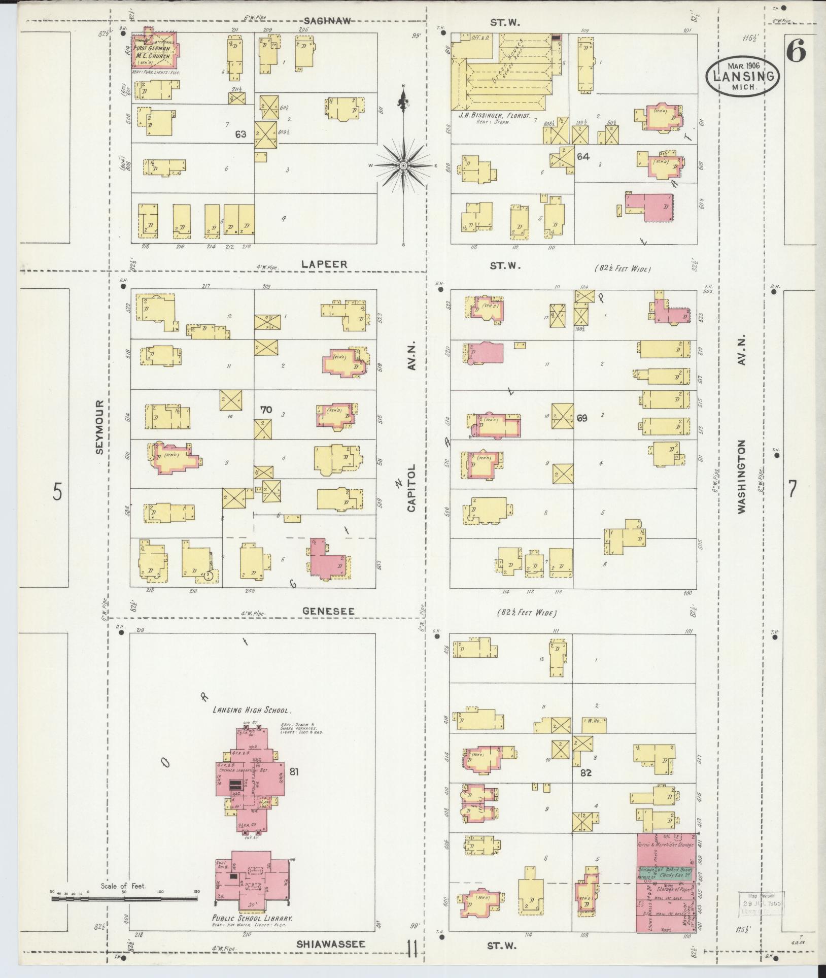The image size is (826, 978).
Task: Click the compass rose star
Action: [x=403, y=166]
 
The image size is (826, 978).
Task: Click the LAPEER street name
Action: [x=324, y=264]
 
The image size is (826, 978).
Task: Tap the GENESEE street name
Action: [x=328, y=612]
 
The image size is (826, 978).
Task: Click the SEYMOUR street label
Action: [x=99, y=426]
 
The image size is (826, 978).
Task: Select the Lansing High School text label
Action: [x=248, y=711]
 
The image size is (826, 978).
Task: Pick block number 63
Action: [x=240, y=134]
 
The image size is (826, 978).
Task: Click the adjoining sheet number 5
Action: [x=58, y=491]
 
